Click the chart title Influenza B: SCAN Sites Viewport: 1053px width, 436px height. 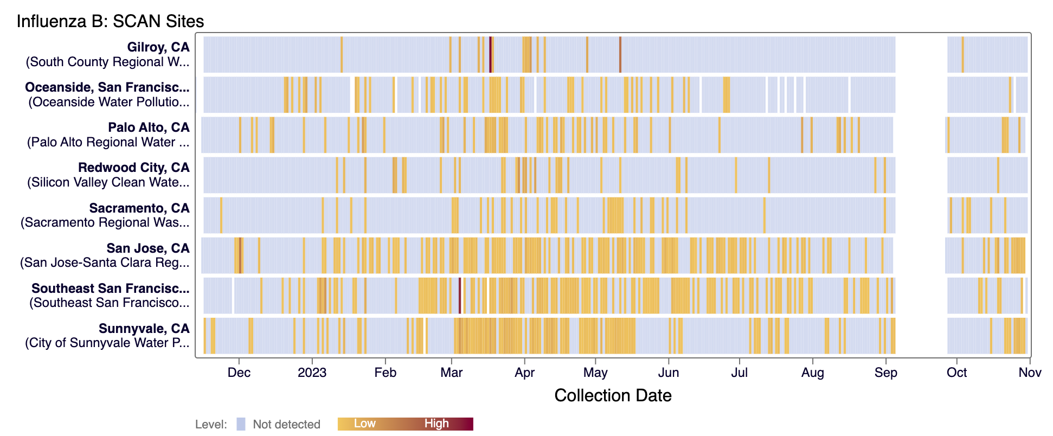(110, 21)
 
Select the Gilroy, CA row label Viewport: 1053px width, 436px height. (158, 47)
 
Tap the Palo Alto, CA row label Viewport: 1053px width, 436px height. (149, 127)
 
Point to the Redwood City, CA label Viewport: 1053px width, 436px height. (133, 168)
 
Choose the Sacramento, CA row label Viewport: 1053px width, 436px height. (139, 208)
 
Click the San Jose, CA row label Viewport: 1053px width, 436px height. (148, 248)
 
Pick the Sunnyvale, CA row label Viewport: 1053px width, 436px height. (144, 329)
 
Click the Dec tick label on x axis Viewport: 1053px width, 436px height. (239, 373)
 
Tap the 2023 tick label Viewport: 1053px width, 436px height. (312, 373)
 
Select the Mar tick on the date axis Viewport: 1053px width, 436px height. (452, 373)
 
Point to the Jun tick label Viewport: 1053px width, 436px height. (669, 373)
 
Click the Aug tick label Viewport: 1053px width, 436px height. (812, 373)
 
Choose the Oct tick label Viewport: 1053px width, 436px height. (956, 373)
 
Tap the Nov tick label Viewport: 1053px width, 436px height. (1030, 373)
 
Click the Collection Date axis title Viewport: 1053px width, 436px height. (613, 395)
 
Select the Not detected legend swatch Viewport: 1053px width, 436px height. (241, 424)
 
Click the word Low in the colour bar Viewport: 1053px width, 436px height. (364, 424)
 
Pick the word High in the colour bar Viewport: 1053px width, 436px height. (436, 424)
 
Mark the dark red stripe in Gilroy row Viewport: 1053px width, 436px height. (490, 54)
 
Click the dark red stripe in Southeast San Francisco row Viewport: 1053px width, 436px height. (460, 296)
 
